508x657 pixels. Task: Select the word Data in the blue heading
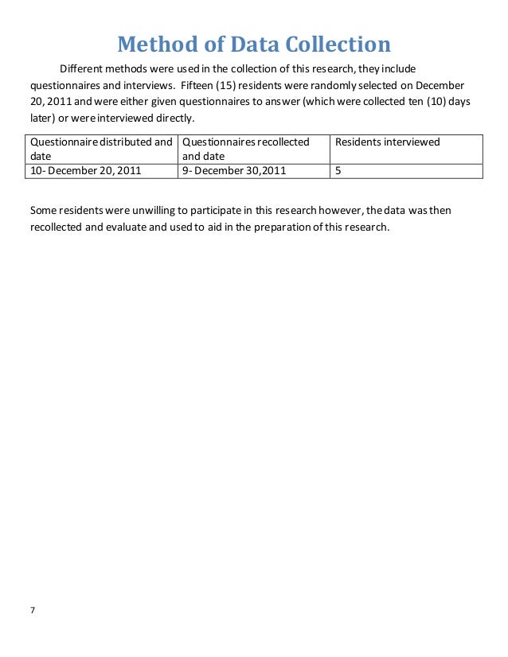(242, 45)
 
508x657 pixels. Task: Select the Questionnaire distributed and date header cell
(101, 149)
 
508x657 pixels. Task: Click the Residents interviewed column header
(387, 142)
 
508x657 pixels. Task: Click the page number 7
(33, 610)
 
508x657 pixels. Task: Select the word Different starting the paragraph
(83, 68)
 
